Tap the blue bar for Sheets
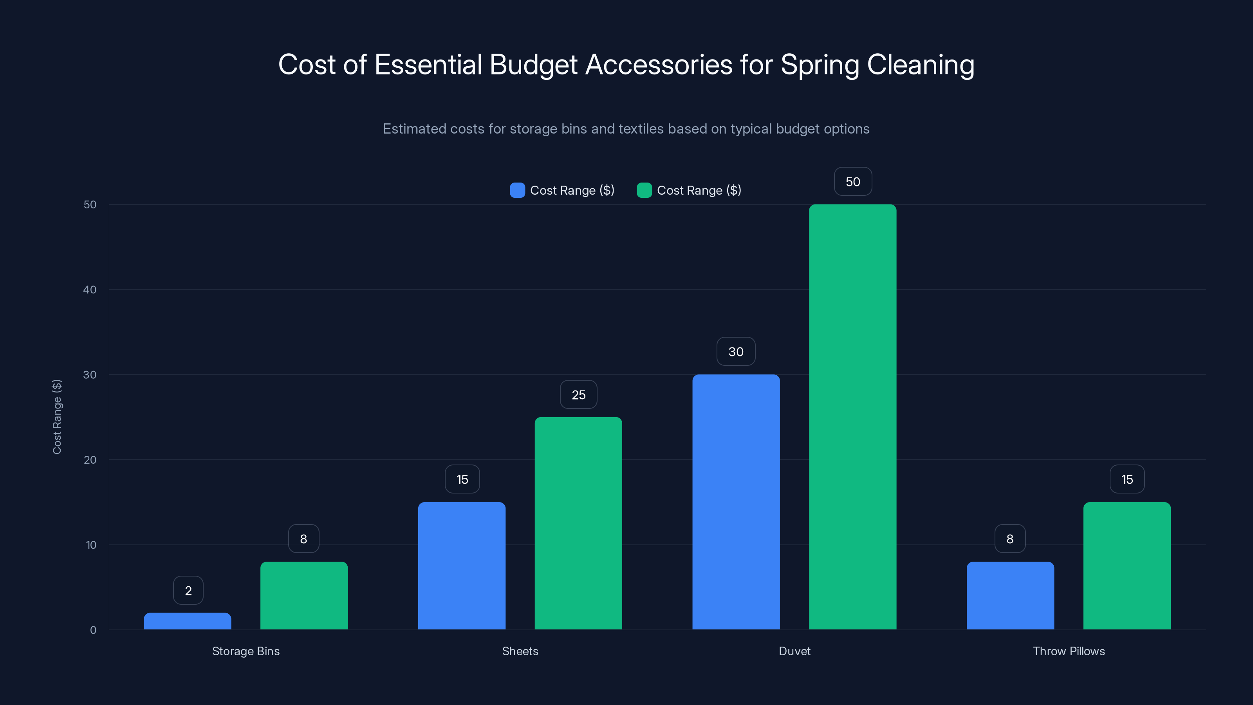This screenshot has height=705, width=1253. click(462, 566)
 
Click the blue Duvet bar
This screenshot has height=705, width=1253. click(736, 502)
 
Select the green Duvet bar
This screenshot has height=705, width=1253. click(853, 417)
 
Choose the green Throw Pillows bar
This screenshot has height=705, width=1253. click(1127, 566)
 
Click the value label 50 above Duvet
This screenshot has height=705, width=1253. click(853, 181)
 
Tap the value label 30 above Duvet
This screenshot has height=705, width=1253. click(736, 351)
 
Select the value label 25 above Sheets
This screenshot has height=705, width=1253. click(578, 394)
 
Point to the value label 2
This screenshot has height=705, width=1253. click(188, 591)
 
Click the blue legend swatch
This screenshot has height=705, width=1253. click(517, 190)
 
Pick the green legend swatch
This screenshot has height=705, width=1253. click(644, 190)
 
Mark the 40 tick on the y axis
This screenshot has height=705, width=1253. click(90, 289)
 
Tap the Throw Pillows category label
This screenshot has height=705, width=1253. click(1069, 651)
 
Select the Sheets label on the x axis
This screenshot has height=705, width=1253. click(520, 651)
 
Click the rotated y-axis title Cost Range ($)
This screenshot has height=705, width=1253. click(57, 417)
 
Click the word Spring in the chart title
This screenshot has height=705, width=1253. click(820, 65)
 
